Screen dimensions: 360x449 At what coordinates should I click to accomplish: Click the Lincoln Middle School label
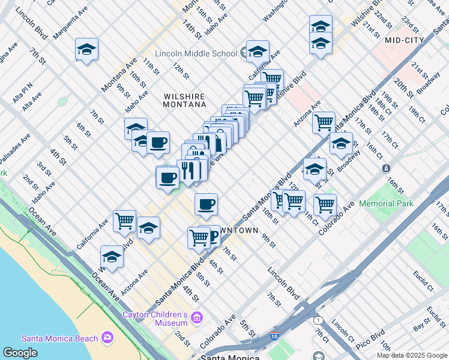click(x=196, y=53)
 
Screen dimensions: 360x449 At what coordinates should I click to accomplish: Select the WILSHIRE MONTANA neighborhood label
click(x=184, y=100)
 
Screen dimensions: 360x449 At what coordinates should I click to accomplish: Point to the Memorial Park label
click(x=386, y=203)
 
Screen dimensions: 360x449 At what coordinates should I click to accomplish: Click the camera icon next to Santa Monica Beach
click(x=107, y=338)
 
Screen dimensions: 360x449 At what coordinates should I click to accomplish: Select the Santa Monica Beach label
click(x=59, y=338)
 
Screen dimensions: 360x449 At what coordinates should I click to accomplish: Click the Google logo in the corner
click(x=20, y=353)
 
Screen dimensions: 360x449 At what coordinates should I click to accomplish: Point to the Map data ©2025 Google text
click(x=412, y=355)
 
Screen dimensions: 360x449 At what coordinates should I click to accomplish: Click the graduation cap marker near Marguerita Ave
click(x=87, y=49)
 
